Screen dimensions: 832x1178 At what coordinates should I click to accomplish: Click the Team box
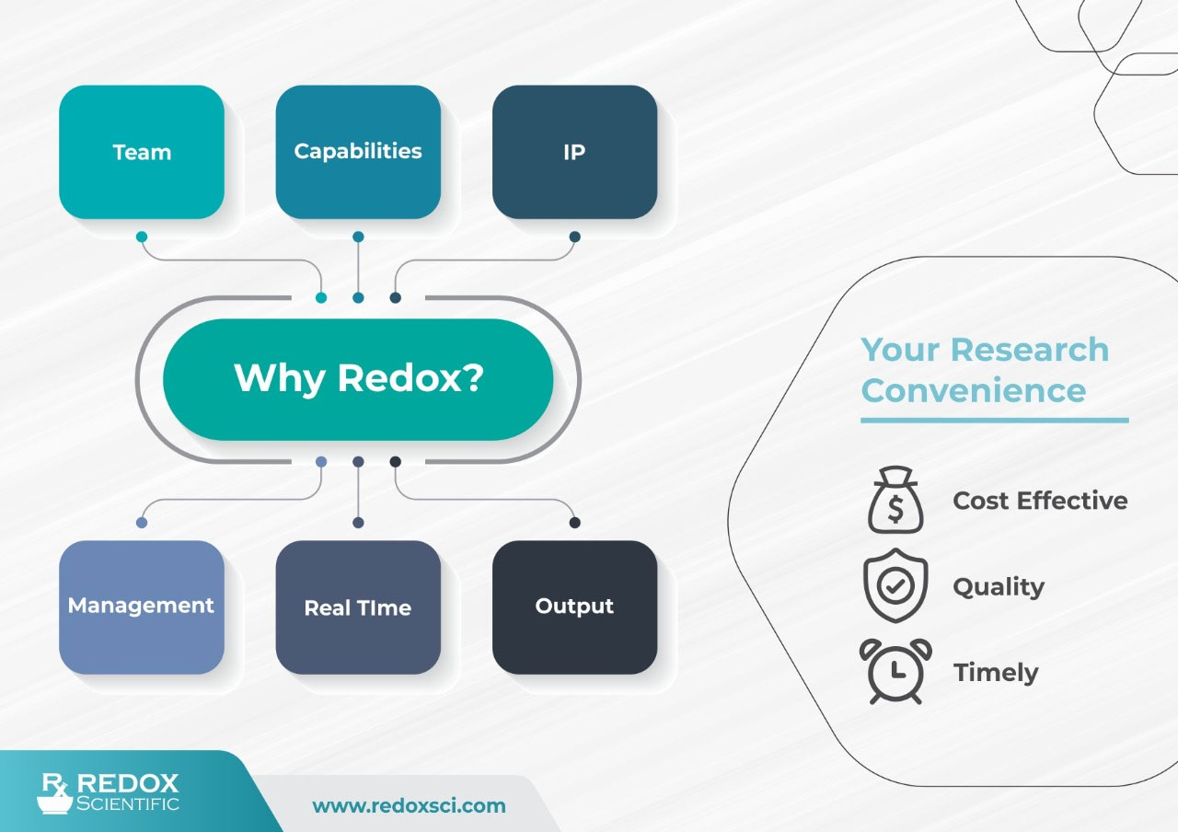pyautogui.click(x=142, y=152)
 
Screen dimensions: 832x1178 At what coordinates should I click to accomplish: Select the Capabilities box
pyautogui.click(x=358, y=152)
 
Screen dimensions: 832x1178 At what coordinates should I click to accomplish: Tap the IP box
pyautogui.click(x=574, y=152)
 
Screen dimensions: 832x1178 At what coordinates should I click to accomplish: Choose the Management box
pyautogui.click(x=142, y=607)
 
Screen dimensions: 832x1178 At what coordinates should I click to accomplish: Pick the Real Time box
pyautogui.click(x=358, y=607)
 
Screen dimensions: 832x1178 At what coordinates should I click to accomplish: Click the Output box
pyautogui.click(x=574, y=607)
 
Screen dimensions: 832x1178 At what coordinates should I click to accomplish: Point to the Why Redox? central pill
pyautogui.click(x=358, y=379)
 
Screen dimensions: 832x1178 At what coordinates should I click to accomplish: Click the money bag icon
pyautogui.click(x=895, y=501)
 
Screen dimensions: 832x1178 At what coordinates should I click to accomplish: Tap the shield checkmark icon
pyautogui.click(x=895, y=586)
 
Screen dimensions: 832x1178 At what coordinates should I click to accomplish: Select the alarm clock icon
pyautogui.click(x=895, y=672)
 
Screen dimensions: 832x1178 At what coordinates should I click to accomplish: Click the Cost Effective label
pyautogui.click(x=1040, y=501)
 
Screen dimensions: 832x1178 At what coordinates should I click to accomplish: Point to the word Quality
pyautogui.click(x=999, y=587)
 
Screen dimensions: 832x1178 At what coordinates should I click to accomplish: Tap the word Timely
pyautogui.click(x=996, y=673)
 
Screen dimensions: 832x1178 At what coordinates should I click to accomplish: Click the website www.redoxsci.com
pyautogui.click(x=409, y=806)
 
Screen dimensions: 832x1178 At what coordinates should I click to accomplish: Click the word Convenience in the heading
pyautogui.click(x=974, y=390)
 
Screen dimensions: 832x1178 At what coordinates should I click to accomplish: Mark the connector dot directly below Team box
pyautogui.click(x=142, y=237)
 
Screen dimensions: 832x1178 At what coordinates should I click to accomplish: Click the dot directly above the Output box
pyautogui.click(x=574, y=523)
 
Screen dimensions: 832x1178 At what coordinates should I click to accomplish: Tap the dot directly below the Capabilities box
pyautogui.click(x=358, y=237)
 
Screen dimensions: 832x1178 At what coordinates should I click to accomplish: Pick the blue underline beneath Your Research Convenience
pyautogui.click(x=994, y=420)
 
